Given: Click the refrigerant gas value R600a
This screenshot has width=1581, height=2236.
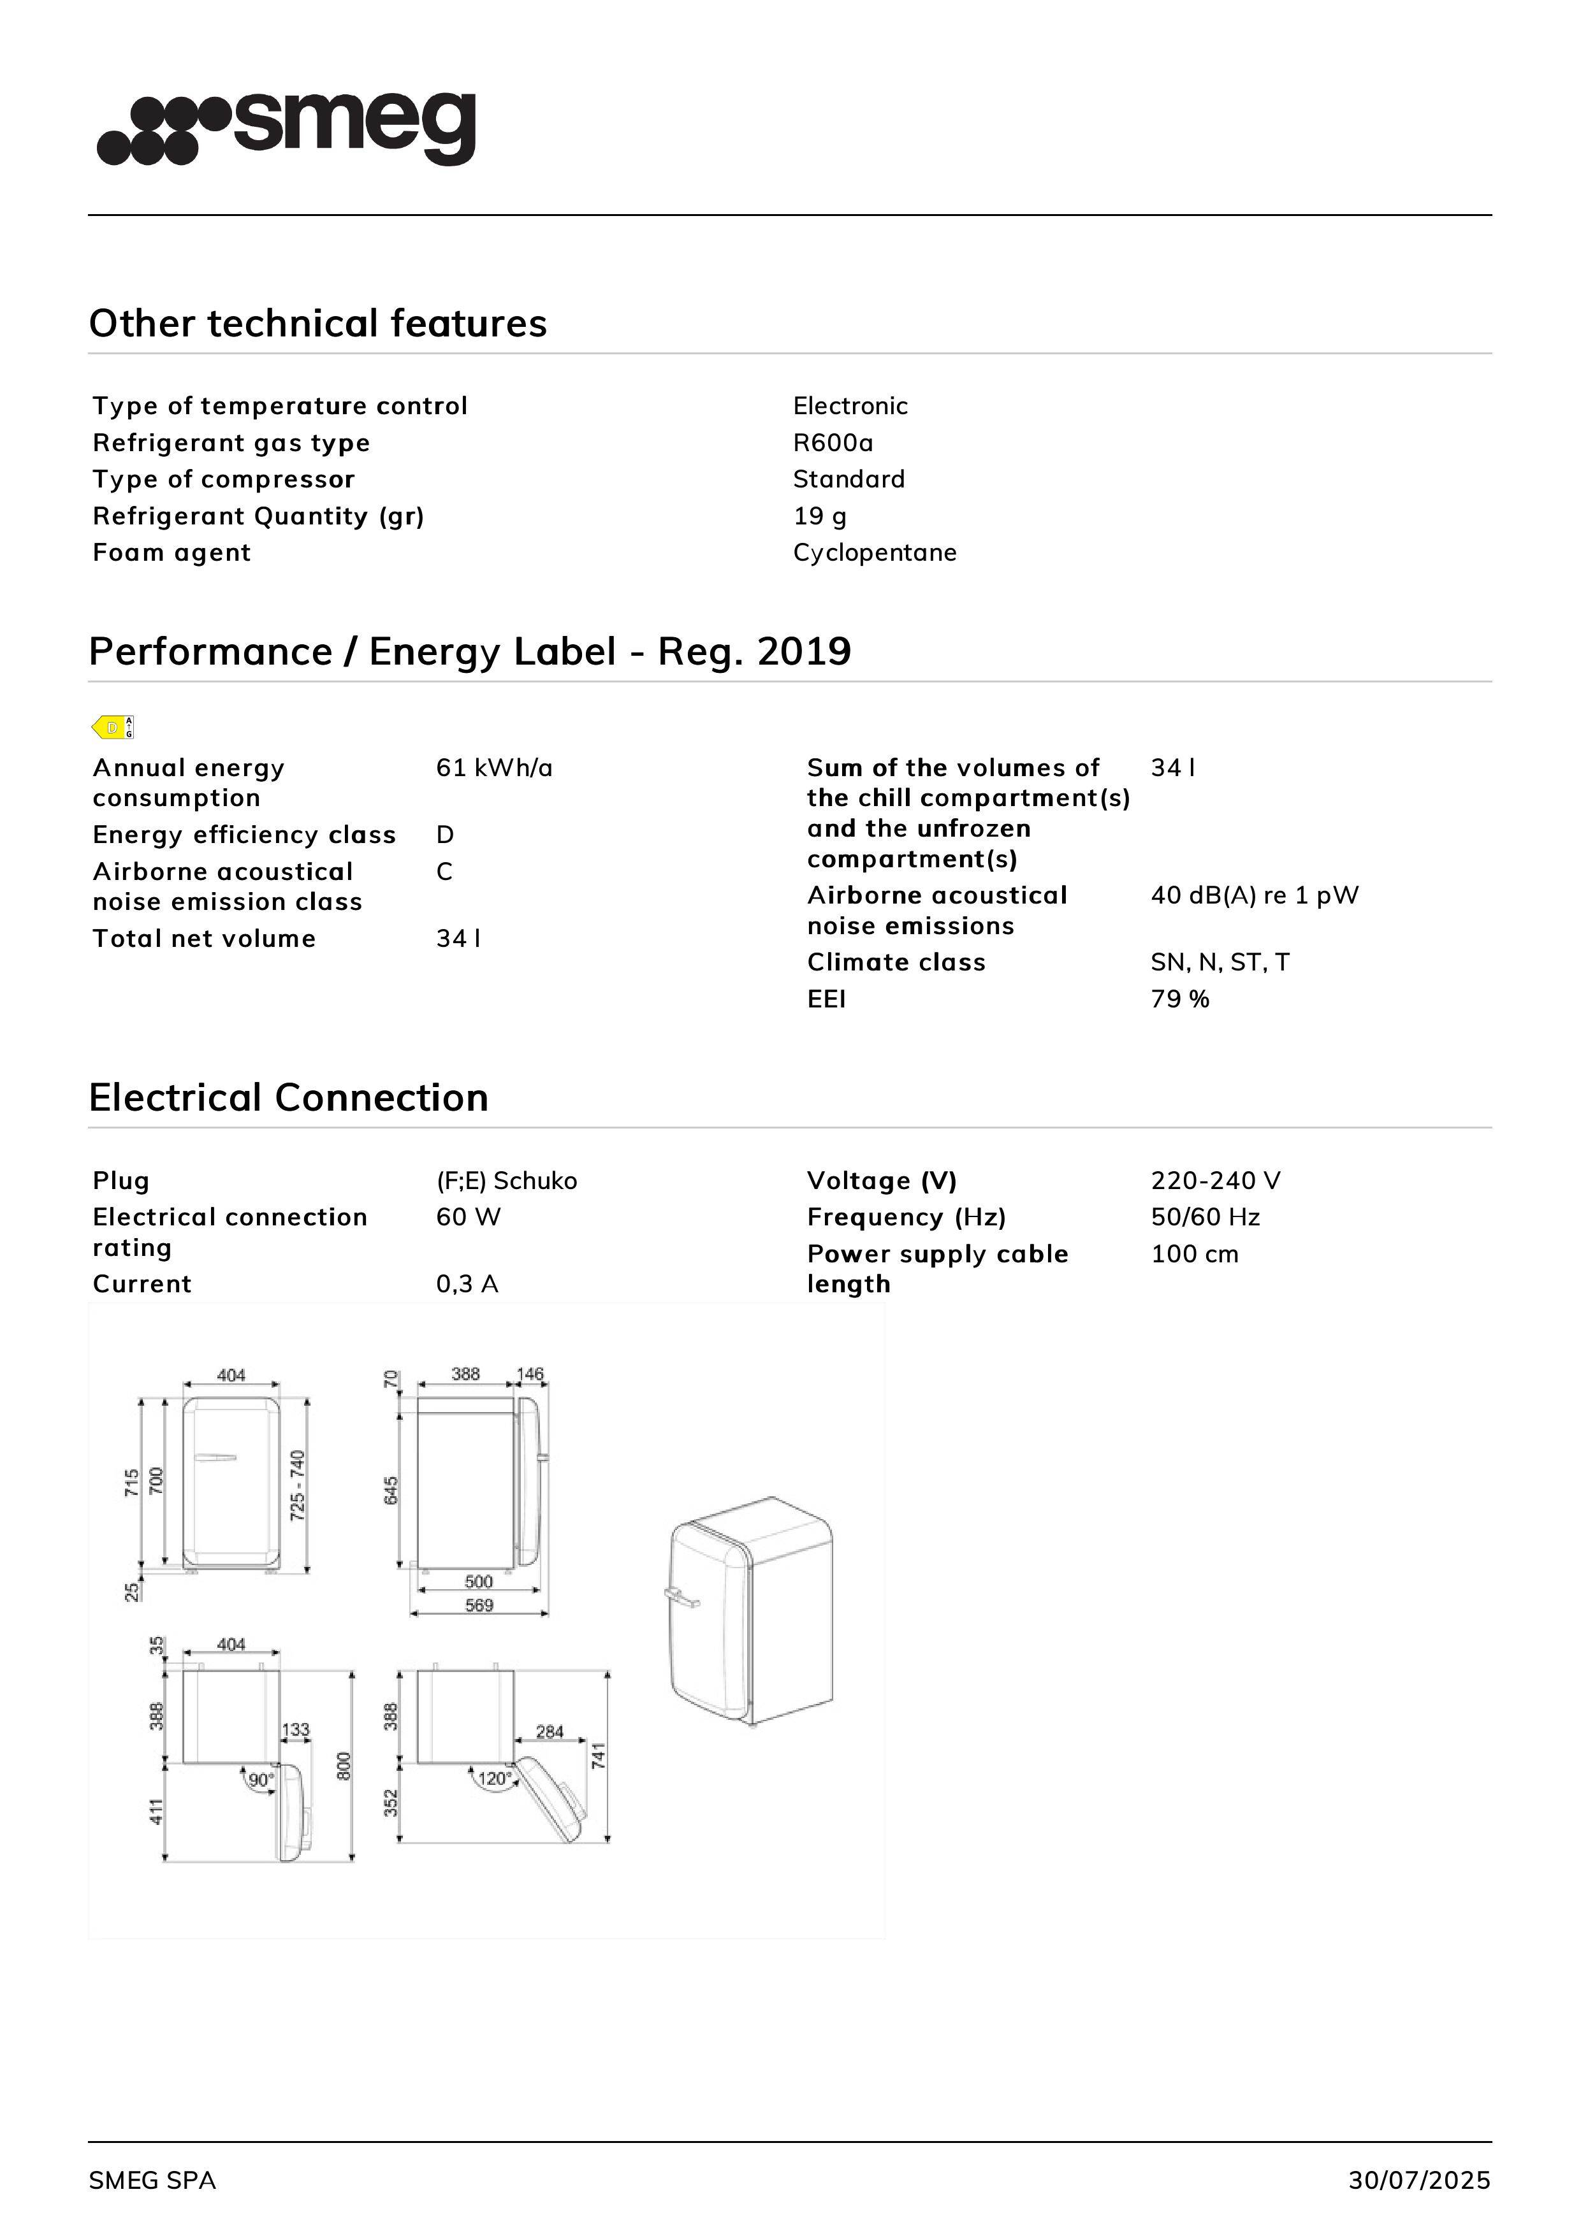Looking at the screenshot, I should coord(833,443).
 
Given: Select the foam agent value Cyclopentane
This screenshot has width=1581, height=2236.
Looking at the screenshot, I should coord(874,553).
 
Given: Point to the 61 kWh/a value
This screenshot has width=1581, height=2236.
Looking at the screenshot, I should coord(494,768).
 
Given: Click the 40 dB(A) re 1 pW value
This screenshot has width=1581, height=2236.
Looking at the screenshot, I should coord(1254,896).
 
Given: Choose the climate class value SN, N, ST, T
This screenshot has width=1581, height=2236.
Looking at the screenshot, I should coord(1220,962).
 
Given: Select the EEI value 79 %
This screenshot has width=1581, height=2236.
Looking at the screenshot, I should coord(1179,999).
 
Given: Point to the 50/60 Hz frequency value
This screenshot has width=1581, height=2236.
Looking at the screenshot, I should coord(1205,1217).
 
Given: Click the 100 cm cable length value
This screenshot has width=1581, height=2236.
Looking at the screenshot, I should coord(1194,1254).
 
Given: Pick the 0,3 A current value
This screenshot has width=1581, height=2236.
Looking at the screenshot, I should coord(467,1285).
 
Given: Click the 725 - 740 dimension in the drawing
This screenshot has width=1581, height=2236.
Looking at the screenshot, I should coord(297,1485).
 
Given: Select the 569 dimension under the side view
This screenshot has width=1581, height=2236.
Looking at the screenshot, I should coord(479,1606).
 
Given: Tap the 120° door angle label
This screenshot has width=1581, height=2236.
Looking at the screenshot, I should coord(495,1779).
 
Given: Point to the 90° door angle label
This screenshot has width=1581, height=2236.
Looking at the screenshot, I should coord(260,1780).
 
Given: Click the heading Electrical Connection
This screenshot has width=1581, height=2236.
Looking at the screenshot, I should coord(288,1097).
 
